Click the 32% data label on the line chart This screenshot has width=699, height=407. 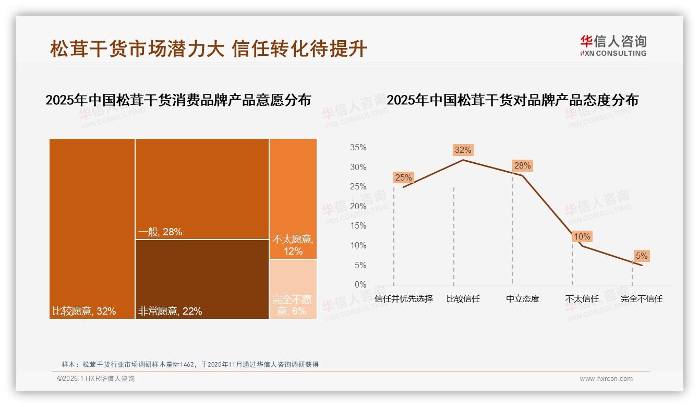tap(463, 150)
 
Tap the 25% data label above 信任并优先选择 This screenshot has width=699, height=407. tap(403, 177)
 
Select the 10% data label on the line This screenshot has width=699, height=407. tap(582, 237)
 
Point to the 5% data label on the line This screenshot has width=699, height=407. tap(641, 256)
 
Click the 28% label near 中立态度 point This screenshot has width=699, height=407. tap(522, 166)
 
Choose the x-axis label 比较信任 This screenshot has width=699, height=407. tap(463, 299)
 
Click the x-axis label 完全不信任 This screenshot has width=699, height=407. tap(641, 299)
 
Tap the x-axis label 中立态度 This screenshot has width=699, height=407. tap(522, 299)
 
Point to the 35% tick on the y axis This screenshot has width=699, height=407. tap(358, 148)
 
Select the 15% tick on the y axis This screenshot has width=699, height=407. tap(358, 226)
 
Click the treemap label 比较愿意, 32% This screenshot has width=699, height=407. tap(84, 312)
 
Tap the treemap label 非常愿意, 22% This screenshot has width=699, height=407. tap(170, 312)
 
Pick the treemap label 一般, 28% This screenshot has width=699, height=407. tap(160, 232)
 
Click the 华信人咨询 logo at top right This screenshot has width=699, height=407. tap(613, 45)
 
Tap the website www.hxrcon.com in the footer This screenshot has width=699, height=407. tap(606, 379)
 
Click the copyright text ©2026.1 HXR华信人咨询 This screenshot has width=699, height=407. tap(96, 379)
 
